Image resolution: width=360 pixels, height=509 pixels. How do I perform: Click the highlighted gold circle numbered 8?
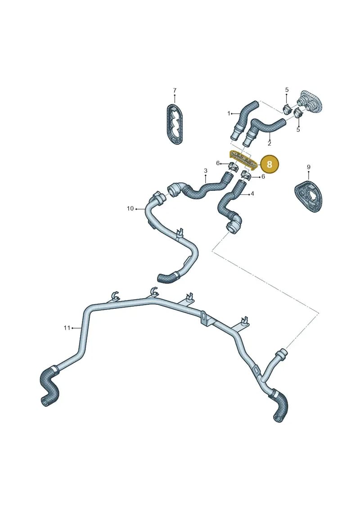pos(270,164)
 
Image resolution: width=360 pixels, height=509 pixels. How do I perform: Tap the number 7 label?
pos(175,90)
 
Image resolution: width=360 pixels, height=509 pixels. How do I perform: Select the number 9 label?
pos(309,167)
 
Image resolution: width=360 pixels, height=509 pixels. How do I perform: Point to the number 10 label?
pos(130,208)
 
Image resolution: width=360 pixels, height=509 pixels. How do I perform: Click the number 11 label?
pos(67,328)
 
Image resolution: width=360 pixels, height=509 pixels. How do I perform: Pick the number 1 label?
pos(229,113)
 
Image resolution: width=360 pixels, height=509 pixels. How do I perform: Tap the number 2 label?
pos(270,143)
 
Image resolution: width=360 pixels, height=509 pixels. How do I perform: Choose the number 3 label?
pos(206,171)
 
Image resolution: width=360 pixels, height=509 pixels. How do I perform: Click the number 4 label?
pos(252,194)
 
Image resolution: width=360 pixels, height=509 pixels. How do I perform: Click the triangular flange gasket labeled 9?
pos(308,196)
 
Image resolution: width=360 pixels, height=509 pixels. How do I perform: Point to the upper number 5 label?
pos(287,90)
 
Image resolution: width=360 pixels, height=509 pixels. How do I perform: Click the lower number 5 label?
pos(298,130)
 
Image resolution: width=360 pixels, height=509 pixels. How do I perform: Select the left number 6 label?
pos(218,163)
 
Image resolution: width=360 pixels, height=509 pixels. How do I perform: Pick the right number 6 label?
pos(263,176)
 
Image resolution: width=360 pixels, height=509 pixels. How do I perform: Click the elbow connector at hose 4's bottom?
pos(234,224)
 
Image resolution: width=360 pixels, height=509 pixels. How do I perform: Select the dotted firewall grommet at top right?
pos(310,102)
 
